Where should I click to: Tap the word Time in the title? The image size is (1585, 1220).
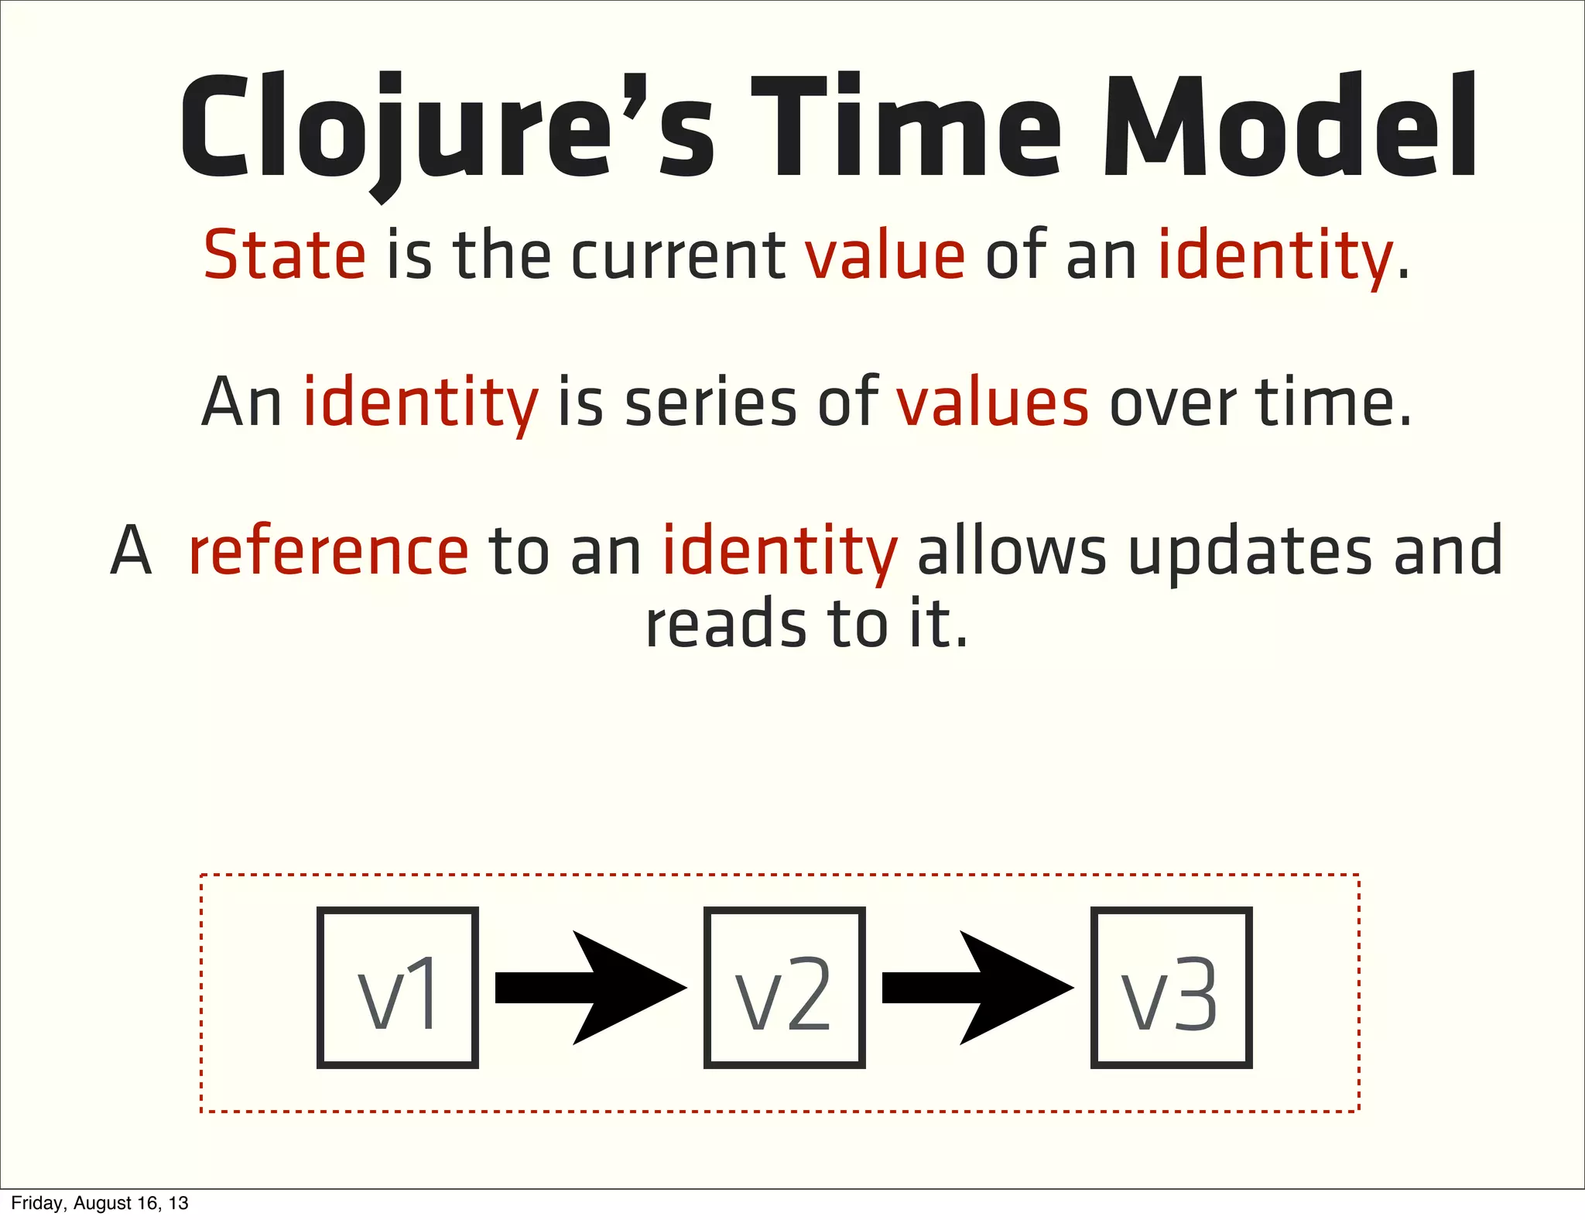(905, 128)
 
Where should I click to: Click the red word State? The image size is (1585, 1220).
(284, 255)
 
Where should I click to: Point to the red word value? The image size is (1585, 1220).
(885, 255)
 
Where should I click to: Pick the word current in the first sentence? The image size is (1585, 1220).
(678, 255)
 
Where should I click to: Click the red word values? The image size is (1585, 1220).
(993, 403)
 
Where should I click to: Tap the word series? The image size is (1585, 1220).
(710, 403)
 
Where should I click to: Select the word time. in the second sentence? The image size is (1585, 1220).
(1333, 403)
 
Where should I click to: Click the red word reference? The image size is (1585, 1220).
(328, 551)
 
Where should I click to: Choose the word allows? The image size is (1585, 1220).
(1012, 551)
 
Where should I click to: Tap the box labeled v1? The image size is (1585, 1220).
(397, 988)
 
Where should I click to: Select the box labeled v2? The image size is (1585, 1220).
(784, 988)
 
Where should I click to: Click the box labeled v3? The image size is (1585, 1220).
(1171, 988)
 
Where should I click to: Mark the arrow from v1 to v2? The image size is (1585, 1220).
(590, 988)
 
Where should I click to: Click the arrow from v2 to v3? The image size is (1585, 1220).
(977, 988)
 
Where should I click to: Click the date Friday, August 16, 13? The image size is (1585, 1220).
(100, 1203)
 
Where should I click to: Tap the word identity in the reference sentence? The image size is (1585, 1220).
(779, 551)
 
